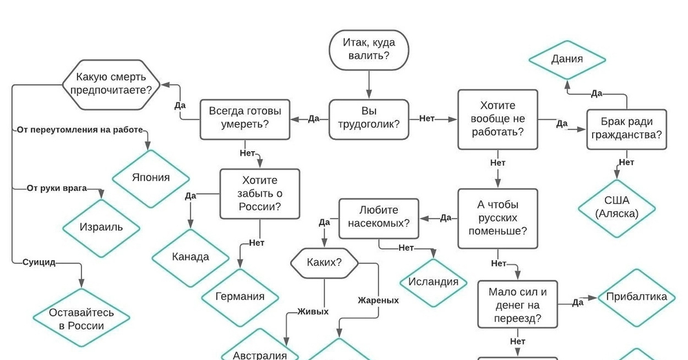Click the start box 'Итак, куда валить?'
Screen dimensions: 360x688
(369, 49)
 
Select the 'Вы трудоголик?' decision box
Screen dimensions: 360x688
(369, 119)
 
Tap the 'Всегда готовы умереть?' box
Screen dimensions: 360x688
(245, 119)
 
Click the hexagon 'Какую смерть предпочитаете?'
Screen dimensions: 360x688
(112, 84)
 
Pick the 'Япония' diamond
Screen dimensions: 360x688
(151, 178)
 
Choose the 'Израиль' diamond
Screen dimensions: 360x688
(101, 227)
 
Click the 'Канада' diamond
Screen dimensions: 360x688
(190, 257)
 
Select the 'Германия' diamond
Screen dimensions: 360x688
(240, 296)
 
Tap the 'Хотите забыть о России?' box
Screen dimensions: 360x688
(260, 193)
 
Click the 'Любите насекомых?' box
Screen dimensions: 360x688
(378, 218)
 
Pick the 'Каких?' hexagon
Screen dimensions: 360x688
(325, 263)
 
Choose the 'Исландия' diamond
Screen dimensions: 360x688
(433, 281)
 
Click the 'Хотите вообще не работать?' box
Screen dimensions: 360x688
(498, 119)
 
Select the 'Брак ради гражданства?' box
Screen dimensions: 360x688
(626, 129)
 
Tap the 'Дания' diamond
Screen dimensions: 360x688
(567, 59)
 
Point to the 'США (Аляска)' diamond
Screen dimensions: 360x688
(616, 207)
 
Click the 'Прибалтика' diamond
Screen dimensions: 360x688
(636, 297)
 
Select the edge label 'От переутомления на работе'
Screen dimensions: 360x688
(79, 130)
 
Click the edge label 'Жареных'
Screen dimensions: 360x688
(378, 300)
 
